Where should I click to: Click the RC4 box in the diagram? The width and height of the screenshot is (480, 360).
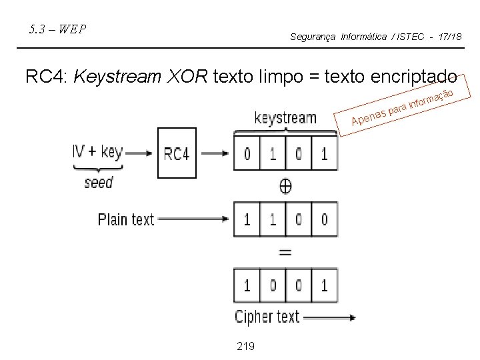click(x=177, y=153)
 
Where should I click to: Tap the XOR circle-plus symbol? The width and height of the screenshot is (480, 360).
click(x=285, y=187)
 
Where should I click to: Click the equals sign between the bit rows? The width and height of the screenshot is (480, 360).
click(x=285, y=253)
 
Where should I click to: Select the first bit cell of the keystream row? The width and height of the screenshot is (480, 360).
click(x=247, y=154)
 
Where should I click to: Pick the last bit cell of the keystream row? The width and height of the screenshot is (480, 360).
click(x=324, y=154)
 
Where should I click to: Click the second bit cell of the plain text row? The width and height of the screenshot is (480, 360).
click(x=273, y=219)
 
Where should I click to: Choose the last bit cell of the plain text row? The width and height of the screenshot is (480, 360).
click(x=324, y=219)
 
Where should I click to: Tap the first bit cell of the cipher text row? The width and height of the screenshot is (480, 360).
click(x=247, y=286)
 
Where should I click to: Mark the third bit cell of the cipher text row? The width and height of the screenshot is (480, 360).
click(x=298, y=286)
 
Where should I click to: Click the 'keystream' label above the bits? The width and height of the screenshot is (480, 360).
click(x=285, y=119)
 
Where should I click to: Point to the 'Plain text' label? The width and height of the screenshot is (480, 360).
click(x=126, y=219)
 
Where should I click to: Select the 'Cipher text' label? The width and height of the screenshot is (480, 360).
click(x=267, y=317)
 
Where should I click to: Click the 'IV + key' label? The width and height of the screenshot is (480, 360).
click(x=99, y=152)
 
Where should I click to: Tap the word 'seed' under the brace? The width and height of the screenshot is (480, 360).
click(x=99, y=181)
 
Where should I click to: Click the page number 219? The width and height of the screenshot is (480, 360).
click(x=245, y=345)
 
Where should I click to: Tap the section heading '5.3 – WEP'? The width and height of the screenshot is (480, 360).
click(x=57, y=29)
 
